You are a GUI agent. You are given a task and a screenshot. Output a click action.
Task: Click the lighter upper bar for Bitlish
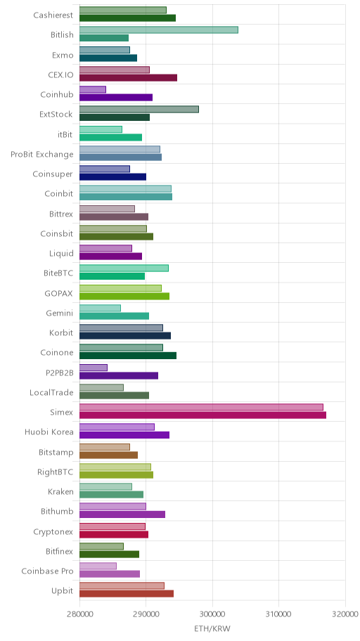click(159, 30)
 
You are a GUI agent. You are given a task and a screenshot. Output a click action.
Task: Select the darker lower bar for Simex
click(202, 415)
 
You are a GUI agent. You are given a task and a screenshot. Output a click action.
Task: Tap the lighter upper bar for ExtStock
click(139, 109)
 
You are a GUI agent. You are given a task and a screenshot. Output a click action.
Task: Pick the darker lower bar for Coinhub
click(116, 97)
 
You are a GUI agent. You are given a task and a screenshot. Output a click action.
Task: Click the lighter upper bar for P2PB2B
click(94, 368)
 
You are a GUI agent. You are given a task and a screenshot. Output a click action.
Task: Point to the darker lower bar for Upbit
click(127, 594)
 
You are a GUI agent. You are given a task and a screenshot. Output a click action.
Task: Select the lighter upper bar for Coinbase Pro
click(98, 566)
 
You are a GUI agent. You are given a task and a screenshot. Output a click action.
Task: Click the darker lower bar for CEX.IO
click(128, 78)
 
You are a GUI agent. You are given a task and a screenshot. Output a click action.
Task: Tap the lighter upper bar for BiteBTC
click(124, 268)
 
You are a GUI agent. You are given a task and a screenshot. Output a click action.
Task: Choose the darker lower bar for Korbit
click(124, 336)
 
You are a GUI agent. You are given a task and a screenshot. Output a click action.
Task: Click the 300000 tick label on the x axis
click(212, 614)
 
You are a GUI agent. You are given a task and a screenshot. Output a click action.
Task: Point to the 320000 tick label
click(345, 614)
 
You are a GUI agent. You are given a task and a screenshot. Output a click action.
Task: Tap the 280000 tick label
click(79, 614)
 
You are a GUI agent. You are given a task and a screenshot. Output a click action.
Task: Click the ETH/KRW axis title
click(212, 629)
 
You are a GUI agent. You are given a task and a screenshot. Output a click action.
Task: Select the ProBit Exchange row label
click(42, 154)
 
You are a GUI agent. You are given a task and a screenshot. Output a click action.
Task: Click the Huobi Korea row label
click(49, 432)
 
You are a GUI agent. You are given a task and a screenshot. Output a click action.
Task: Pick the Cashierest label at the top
click(53, 15)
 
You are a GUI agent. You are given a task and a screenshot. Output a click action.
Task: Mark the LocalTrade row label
click(51, 392)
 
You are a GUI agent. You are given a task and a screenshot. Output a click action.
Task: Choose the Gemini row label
click(60, 313)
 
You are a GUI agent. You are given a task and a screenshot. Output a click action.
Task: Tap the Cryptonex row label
click(53, 531)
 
